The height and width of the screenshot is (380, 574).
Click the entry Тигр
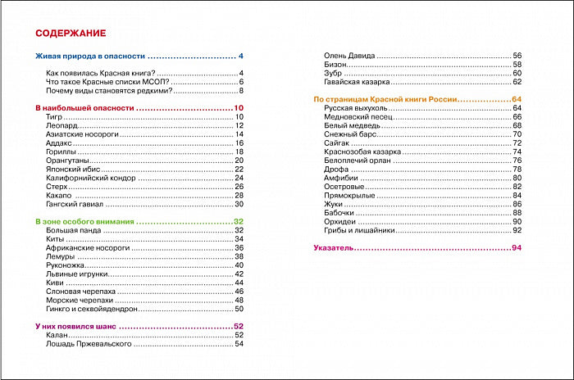(x=55, y=118)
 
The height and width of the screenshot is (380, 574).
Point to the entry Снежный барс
(x=348, y=134)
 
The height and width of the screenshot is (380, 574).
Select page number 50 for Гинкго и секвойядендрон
(x=239, y=310)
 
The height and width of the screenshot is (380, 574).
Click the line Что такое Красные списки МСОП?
(x=100, y=82)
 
